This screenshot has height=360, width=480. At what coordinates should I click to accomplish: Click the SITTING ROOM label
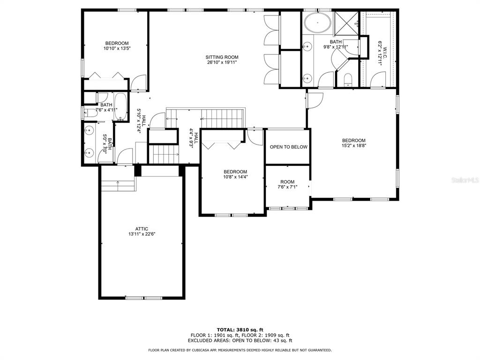click(x=222, y=57)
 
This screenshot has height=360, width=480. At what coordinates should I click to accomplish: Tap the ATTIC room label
click(x=142, y=229)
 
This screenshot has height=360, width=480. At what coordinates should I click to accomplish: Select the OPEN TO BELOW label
click(x=288, y=147)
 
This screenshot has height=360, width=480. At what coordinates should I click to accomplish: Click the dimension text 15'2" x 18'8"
click(x=354, y=145)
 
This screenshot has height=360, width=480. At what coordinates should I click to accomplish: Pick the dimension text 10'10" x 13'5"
click(x=117, y=48)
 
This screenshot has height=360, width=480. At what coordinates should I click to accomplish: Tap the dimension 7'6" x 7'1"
click(x=287, y=187)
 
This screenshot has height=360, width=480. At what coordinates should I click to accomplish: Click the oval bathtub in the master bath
click(x=317, y=22)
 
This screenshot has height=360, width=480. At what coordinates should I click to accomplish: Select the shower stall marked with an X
click(x=346, y=23)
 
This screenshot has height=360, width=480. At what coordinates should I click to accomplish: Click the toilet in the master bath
click(x=348, y=80)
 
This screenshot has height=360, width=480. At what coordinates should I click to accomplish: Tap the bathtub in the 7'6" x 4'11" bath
click(x=120, y=106)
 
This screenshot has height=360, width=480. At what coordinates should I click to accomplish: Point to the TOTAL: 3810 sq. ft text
click(x=240, y=330)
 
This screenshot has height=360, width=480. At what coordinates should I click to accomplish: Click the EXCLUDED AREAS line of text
click(x=240, y=340)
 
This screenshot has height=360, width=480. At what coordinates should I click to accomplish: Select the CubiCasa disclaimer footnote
click(x=240, y=350)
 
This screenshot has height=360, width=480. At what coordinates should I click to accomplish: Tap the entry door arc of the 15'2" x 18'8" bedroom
click(x=315, y=100)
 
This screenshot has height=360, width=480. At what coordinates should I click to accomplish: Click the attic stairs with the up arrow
click(x=118, y=186)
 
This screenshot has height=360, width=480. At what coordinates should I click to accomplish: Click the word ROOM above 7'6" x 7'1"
click(x=287, y=182)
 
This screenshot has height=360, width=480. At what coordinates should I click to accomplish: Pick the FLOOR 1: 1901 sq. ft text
click(x=214, y=335)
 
